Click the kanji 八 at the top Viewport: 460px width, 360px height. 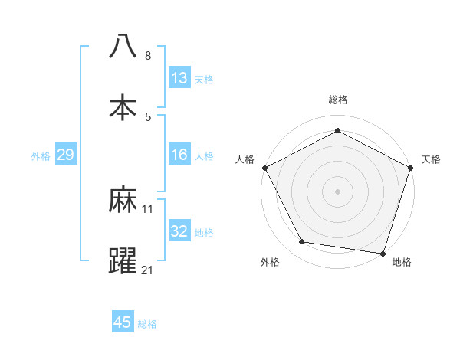click(123, 47)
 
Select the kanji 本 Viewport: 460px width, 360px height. click(123, 107)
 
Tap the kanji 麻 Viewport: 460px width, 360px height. click(123, 201)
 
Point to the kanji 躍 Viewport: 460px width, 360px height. click(123, 260)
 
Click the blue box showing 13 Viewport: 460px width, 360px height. click(179, 78)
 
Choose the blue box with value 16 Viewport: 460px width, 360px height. click(179, 155)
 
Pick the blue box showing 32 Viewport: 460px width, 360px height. click(179, 231)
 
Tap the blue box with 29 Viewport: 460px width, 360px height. click(65, 155)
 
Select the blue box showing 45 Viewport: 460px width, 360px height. click(123, 322)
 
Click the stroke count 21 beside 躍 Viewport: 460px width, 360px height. click(148, 270)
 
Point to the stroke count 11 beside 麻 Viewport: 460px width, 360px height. click(148, 208)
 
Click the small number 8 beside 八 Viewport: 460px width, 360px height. click(148, 56)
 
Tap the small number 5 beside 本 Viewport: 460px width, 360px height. click(148, 116)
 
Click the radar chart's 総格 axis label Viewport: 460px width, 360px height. click(338, 100)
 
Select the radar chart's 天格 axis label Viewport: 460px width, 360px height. click(431, 159)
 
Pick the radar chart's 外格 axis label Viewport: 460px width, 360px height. click(270, 263)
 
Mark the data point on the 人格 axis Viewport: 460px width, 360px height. click(264, 167)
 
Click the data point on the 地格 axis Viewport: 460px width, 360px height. click(383, 253)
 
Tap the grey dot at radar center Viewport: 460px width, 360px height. click(338, 191)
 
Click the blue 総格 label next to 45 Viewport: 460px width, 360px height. click(147, 324)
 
